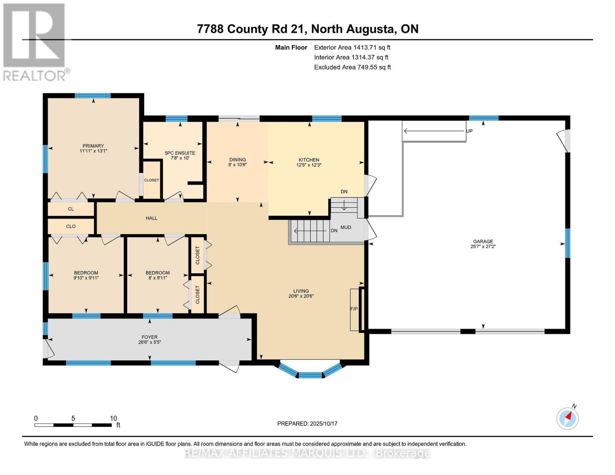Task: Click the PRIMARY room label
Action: click(93, 146)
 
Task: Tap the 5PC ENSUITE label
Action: click(180, 153)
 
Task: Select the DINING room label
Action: click(237, 160)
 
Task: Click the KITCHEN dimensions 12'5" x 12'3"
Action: click(308, 165)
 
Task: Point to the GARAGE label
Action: click(483, 241)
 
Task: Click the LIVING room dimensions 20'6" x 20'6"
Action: click(301, 296)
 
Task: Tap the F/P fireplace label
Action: click(354, 309)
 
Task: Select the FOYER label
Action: click(149, 337)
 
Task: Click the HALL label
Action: click(151, 218)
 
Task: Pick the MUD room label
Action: click(346, 227)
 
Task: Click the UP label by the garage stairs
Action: click(469, 131)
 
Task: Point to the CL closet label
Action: click(71, 209)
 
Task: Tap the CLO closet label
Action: click(71, 226)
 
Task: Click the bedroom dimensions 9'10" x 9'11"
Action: click(86, 278)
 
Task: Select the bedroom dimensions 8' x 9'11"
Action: click(158, 278)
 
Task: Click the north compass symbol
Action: click(567, 418)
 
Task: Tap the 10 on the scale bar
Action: click(113, 418)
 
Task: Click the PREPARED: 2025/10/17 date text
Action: click(307, 424)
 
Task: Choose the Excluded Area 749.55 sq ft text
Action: click(352, 67)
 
